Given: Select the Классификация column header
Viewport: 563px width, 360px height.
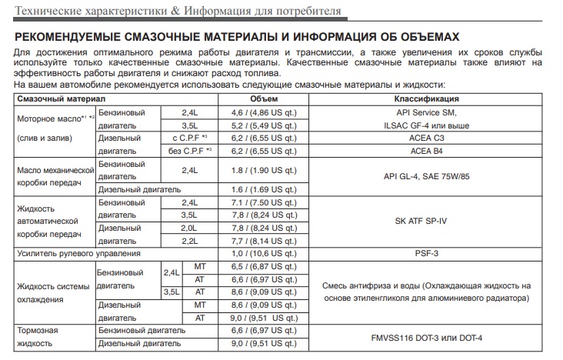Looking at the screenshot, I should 427,99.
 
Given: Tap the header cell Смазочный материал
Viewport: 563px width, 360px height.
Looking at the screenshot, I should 62,99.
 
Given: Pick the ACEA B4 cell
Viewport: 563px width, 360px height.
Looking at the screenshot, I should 427,152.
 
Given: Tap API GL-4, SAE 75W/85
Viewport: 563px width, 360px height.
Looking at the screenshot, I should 427,177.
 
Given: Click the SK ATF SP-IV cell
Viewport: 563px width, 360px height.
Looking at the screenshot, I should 427,222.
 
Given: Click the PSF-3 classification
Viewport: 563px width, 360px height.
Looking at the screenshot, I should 427,254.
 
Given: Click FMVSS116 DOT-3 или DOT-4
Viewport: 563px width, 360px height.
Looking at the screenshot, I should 427,337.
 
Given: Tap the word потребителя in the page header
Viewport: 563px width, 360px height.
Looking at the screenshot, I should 296,12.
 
